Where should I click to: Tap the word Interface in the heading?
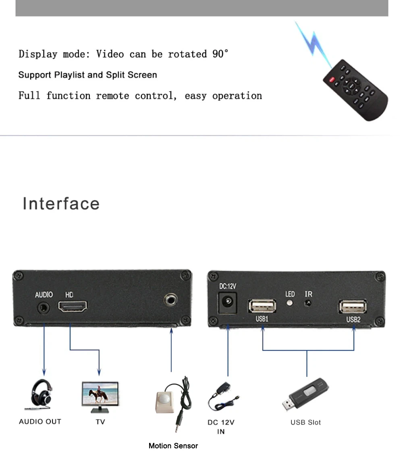61,203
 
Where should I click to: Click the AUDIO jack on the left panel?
44,308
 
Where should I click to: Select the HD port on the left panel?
73,308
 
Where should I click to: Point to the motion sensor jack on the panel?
170,299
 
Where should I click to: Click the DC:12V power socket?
227,302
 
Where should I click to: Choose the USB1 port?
262,306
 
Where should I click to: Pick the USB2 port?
353,307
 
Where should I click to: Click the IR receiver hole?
308,303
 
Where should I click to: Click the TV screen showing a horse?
100,394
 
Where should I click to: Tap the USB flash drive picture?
305,395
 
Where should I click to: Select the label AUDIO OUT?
40,422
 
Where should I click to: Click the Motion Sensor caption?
173,446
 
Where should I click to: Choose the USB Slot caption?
306,422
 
